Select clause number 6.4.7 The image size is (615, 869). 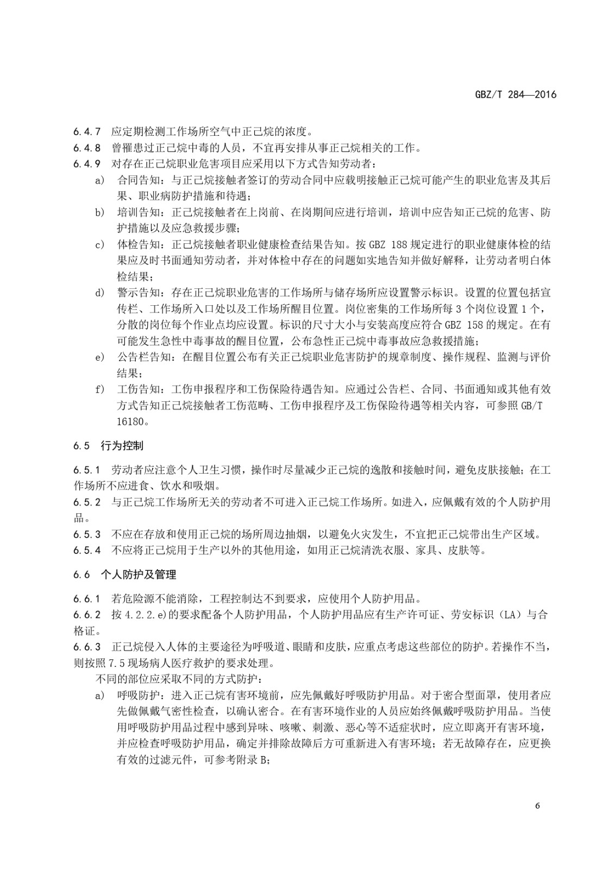87,131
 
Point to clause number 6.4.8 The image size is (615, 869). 87,147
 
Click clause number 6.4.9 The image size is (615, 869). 87,163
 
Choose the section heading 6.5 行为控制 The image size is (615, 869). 109,446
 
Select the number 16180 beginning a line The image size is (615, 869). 131,421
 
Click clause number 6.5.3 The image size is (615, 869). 87,534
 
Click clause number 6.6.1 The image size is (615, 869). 87,599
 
